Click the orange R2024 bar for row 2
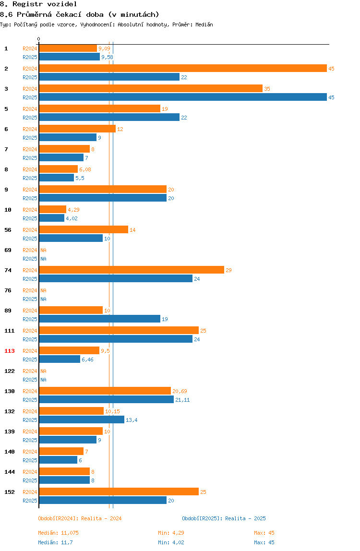pyautogui.click(x=183, y=69)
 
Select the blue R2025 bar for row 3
pyautogui.click(x=183, y=97)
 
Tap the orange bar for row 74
pyautogui.click(x=132, y=270)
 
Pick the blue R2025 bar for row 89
pyautogui.click(x=99, y=319)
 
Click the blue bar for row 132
pyautogui.click(x=82, y=419)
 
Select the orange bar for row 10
pyautogui.click(x=52, y=209)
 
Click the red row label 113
pyautogui.click(x=10, y=351)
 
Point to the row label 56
pyautogui.click(x=8, y=230)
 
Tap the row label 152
pyautogui.click(x=10, y=492)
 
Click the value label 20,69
pyautogui.click(x=180, y=391)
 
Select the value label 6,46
pyautogui.click(x=87, y=359)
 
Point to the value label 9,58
pyautogui.click(x=107, y=57)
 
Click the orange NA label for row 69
pyautogui.click(x=43, y=250)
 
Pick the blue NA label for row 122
pyautogui.click(x=43, y=380)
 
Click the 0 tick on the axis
pyautogui.click(x=39, y=39)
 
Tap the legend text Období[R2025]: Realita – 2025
pyautogui.click(x=224, y=518)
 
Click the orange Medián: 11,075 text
pyautogui.click(x=59, y=533)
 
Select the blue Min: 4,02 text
pyautogui.click(x=171, y=542)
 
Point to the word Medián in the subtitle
pyautogui.click(x=204, y=24)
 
